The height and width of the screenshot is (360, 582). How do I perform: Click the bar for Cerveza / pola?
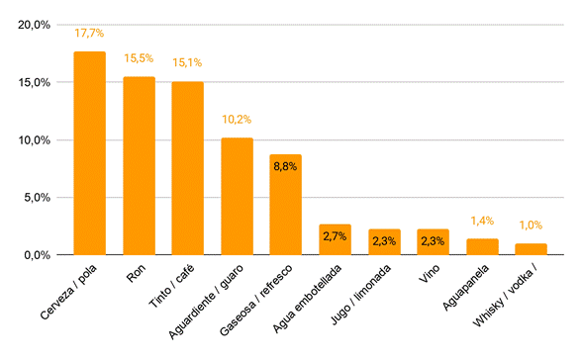pyautogui.click(x=89, y=153)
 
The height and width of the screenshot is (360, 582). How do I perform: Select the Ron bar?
pyautogui.click(x=139, y=166)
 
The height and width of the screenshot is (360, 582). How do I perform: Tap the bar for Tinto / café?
pyautogui.click(x=187, y=168)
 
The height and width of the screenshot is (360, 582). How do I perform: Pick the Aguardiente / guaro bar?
pyautogui.click(x=237, y=196)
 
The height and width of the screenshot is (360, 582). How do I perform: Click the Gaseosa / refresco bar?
pyautogui.click(x=285, y=205)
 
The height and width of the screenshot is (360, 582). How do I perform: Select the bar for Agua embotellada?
pyautogui.click(x=335, y=239)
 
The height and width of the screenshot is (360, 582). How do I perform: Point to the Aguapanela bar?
pyautogui.click(x=482, y=247)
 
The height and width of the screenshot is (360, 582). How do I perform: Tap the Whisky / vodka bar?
pyautogui.click(x=531, y=249)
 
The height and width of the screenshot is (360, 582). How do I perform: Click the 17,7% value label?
pyautogui.click(x=89, y=34)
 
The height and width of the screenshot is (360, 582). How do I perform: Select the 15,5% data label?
pyautogui.click(x=139, y=58)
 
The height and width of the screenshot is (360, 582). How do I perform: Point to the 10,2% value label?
pyautogui.click(x=237, y=120)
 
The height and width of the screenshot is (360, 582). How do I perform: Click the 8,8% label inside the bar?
pyautogui.click(x=285, y=167)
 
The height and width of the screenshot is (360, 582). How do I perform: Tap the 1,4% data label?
pyautogui.click(x=482, y=221)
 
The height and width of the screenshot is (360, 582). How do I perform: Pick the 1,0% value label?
pyautogui.click(x=531, y=225)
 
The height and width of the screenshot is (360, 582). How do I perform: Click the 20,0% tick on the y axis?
pyautogui.click(x=34, y=25)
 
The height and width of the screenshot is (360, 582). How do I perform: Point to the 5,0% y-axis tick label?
pyautogui.click(x=38, y=197)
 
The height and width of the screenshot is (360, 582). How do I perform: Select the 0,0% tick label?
pyautogui.click(x=38, y=255)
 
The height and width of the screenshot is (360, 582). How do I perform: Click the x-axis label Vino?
pyautogui.click(x=430, y=274)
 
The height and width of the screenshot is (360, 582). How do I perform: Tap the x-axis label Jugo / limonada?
pyautogui.click(x=360, y=295)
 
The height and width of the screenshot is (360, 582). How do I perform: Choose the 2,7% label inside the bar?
pyautogui.click(x=335, y=236)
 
